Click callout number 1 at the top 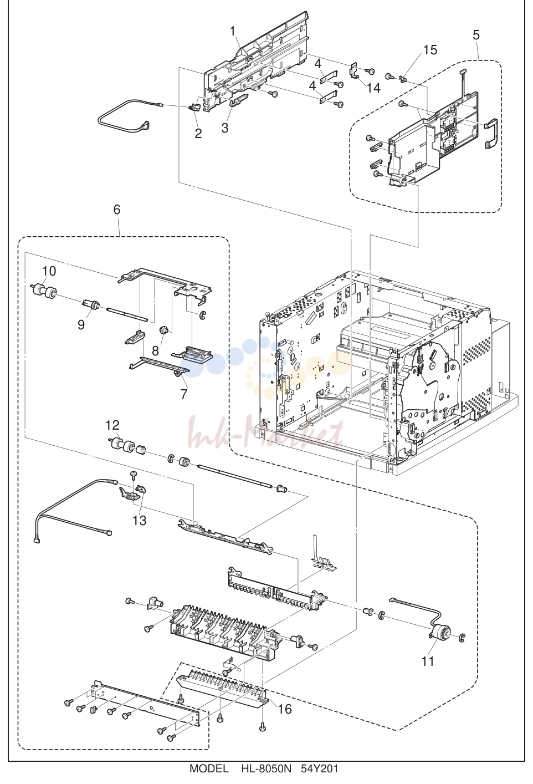coord(233,32)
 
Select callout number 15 coord(430,50)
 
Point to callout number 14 coord(373,88)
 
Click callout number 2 coord(198,134)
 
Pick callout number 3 coord(225,128)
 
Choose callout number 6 coord(117,209)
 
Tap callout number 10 coord(49,271)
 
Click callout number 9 coord(81,325)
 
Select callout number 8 coord(155,350)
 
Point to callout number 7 coord(184,394)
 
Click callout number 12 coord(112,425)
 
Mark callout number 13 coord(139,521)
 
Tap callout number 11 coord(428,661)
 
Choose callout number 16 coord(285,709)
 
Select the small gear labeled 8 coord(163,330)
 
